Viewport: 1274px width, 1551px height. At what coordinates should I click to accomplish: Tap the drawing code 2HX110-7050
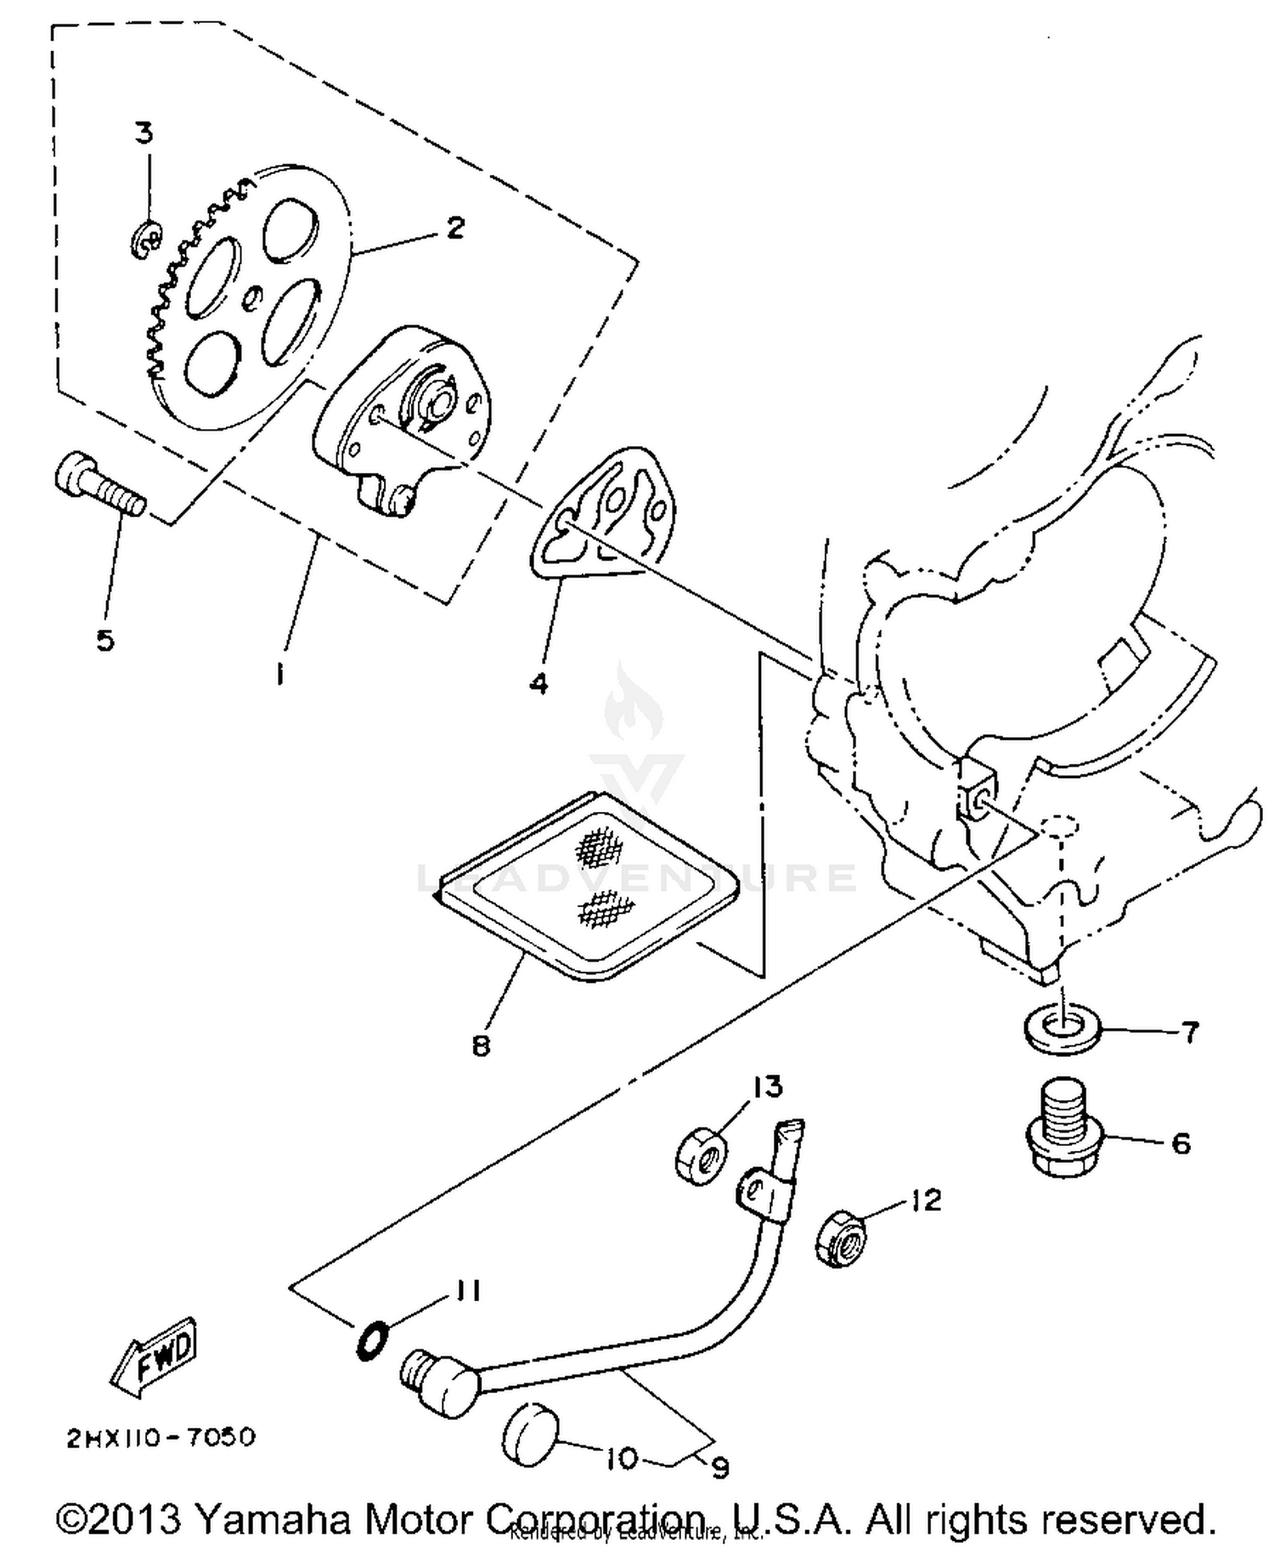point(161,1437)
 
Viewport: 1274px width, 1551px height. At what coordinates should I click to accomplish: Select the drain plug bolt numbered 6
point(1057,1129)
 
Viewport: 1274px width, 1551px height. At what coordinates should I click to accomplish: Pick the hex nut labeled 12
point(841,1241)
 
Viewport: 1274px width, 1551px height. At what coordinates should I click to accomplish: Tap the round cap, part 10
point(530,1434)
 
